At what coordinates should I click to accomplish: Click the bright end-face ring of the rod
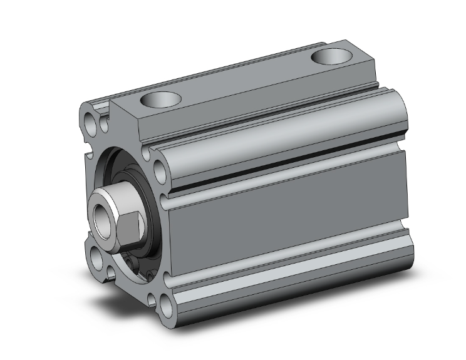coord(94,216)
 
